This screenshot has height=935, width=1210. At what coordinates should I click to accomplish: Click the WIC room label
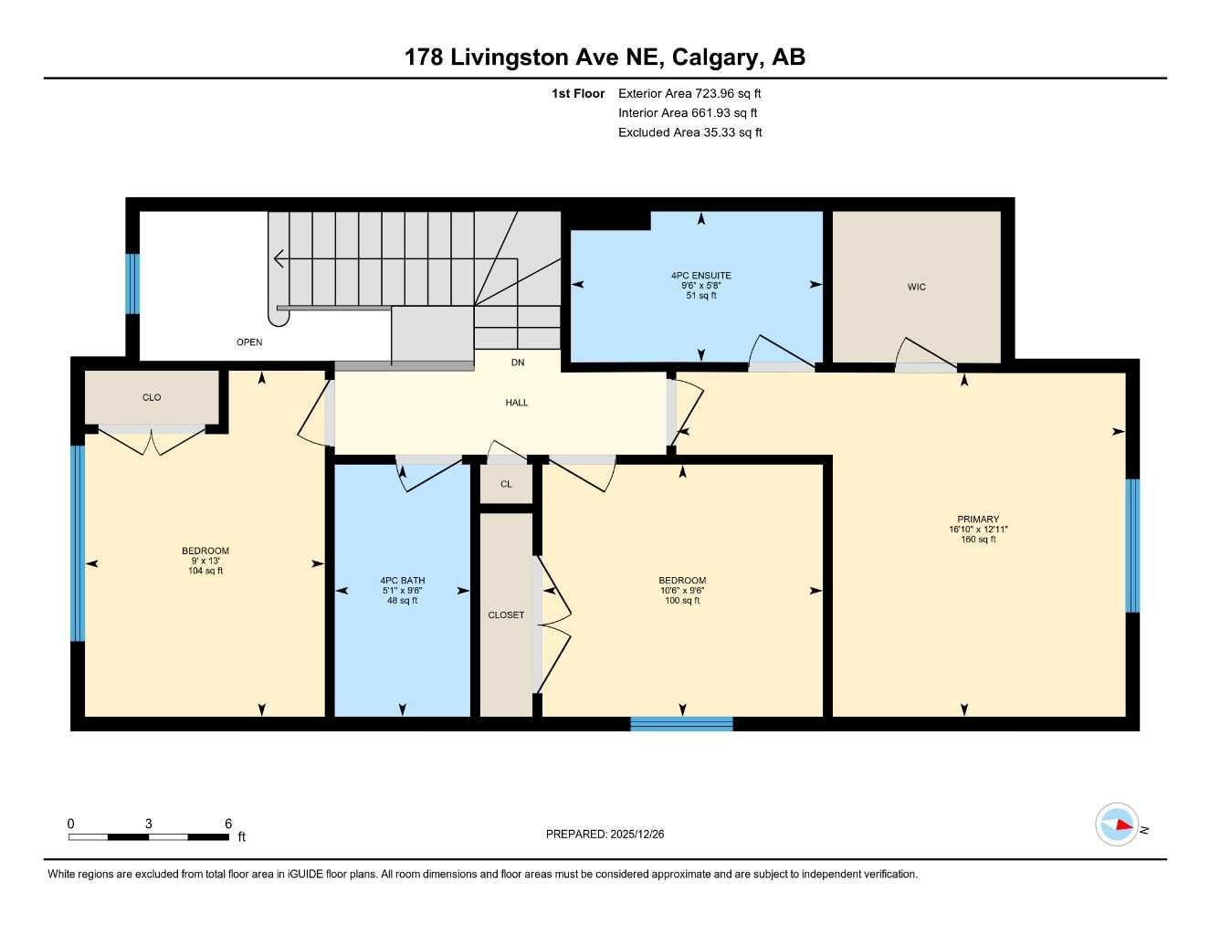(916, 287)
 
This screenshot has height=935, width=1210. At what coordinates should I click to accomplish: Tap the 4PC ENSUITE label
(700, 275)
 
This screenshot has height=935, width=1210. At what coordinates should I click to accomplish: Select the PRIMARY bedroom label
(978, 519)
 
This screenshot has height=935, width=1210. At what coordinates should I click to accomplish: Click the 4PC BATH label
(402, 580)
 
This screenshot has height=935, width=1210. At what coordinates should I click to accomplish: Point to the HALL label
(517, 403)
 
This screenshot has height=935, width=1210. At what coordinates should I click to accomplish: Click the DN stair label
(518, 362)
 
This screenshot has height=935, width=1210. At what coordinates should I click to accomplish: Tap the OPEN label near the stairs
(249, 342)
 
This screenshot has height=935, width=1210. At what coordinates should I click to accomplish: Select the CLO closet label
(152, 397)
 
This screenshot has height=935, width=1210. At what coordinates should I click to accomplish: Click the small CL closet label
(506, 484)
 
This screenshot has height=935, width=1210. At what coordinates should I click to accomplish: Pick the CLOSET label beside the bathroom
(506, 615)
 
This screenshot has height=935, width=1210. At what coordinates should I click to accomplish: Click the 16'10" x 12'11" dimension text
(978, 530)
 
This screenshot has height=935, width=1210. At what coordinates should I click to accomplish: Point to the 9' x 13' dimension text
(205, 561)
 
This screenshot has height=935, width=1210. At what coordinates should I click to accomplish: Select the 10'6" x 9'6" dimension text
(682, 591)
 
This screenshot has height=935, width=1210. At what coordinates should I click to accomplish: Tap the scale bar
(149, 836)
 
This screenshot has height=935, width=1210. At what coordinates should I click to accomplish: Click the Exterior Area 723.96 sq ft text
(689, 93)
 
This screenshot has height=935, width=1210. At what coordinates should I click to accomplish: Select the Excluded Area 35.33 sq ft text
(689, 132)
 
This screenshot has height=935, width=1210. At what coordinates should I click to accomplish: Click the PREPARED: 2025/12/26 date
(605, 834)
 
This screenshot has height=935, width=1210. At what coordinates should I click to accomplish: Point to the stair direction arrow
(279, 259)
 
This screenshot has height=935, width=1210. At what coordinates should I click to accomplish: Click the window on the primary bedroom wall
(1132, 545)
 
